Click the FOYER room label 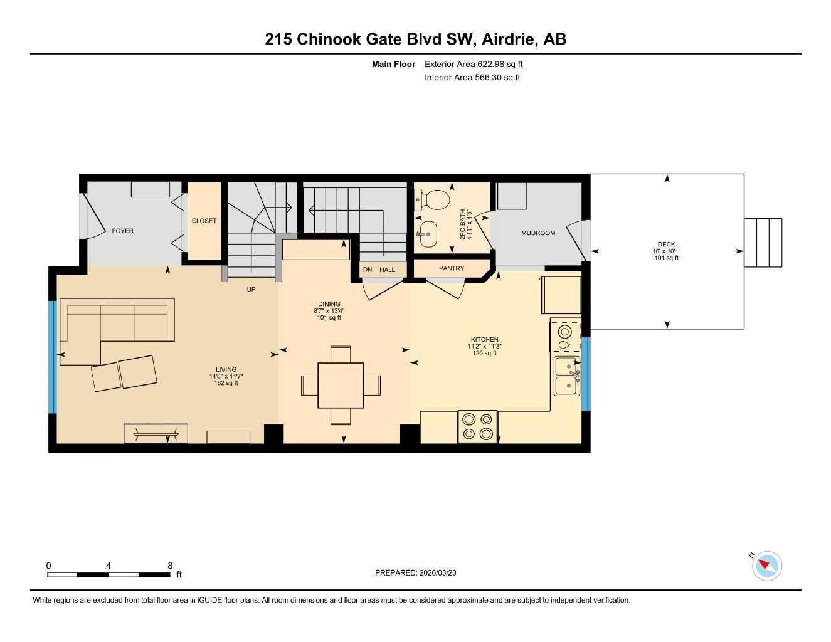[x=122, y=231]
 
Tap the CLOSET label [x=204, y=221]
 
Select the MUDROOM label [x=537, y=233]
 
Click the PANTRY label [x=451, y=268]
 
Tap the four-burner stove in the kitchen [x=477, y=426]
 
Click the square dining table [x=341, y=385]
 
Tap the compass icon [x=766, y=566]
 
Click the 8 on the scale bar [x=170, y=566]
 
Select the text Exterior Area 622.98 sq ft [x=474, y=64]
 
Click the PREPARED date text [x=415, y=572]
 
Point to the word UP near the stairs [x=251, y=289]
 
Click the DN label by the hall [x=368, y=270]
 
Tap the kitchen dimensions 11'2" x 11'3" [x=484, y=346]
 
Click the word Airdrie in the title [x=509, y=39]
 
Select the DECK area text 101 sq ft [x=666, y=258]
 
